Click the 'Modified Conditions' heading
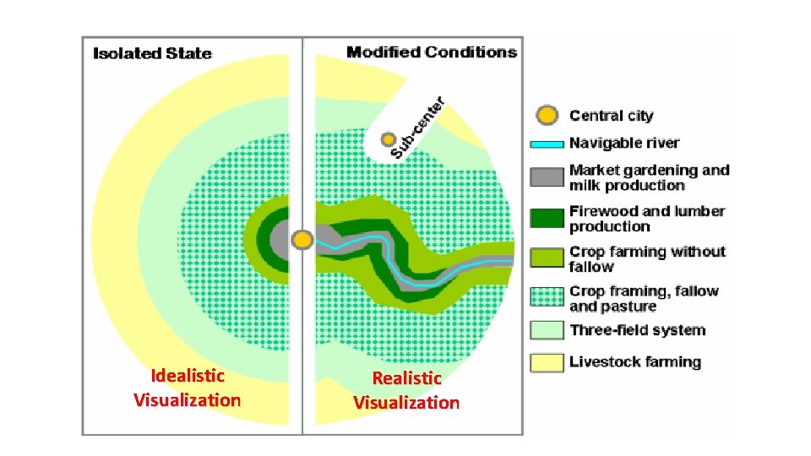[x=431, y=52]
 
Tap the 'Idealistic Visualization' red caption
[x=187, y=388]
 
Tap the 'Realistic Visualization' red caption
[x=406, y=390]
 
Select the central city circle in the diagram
[x=302, y=240]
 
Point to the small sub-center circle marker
[x=388, y=138]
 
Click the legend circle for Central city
[x=547, y=116]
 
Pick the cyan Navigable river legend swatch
[x=547, y=144]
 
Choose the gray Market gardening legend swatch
[x=547, y=177]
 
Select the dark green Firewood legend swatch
[x=547, y=218]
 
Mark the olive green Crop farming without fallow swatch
[x=547, y=258]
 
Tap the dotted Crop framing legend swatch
[x=547, y=297]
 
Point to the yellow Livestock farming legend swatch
[x=547, y=362]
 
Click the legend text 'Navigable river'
[x=623, y=144]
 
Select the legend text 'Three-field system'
[x=637, y=330]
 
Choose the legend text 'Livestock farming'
[x=635, y=362]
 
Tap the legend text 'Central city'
[x=611, y=116]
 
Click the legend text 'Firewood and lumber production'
[x=647, y=219]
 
